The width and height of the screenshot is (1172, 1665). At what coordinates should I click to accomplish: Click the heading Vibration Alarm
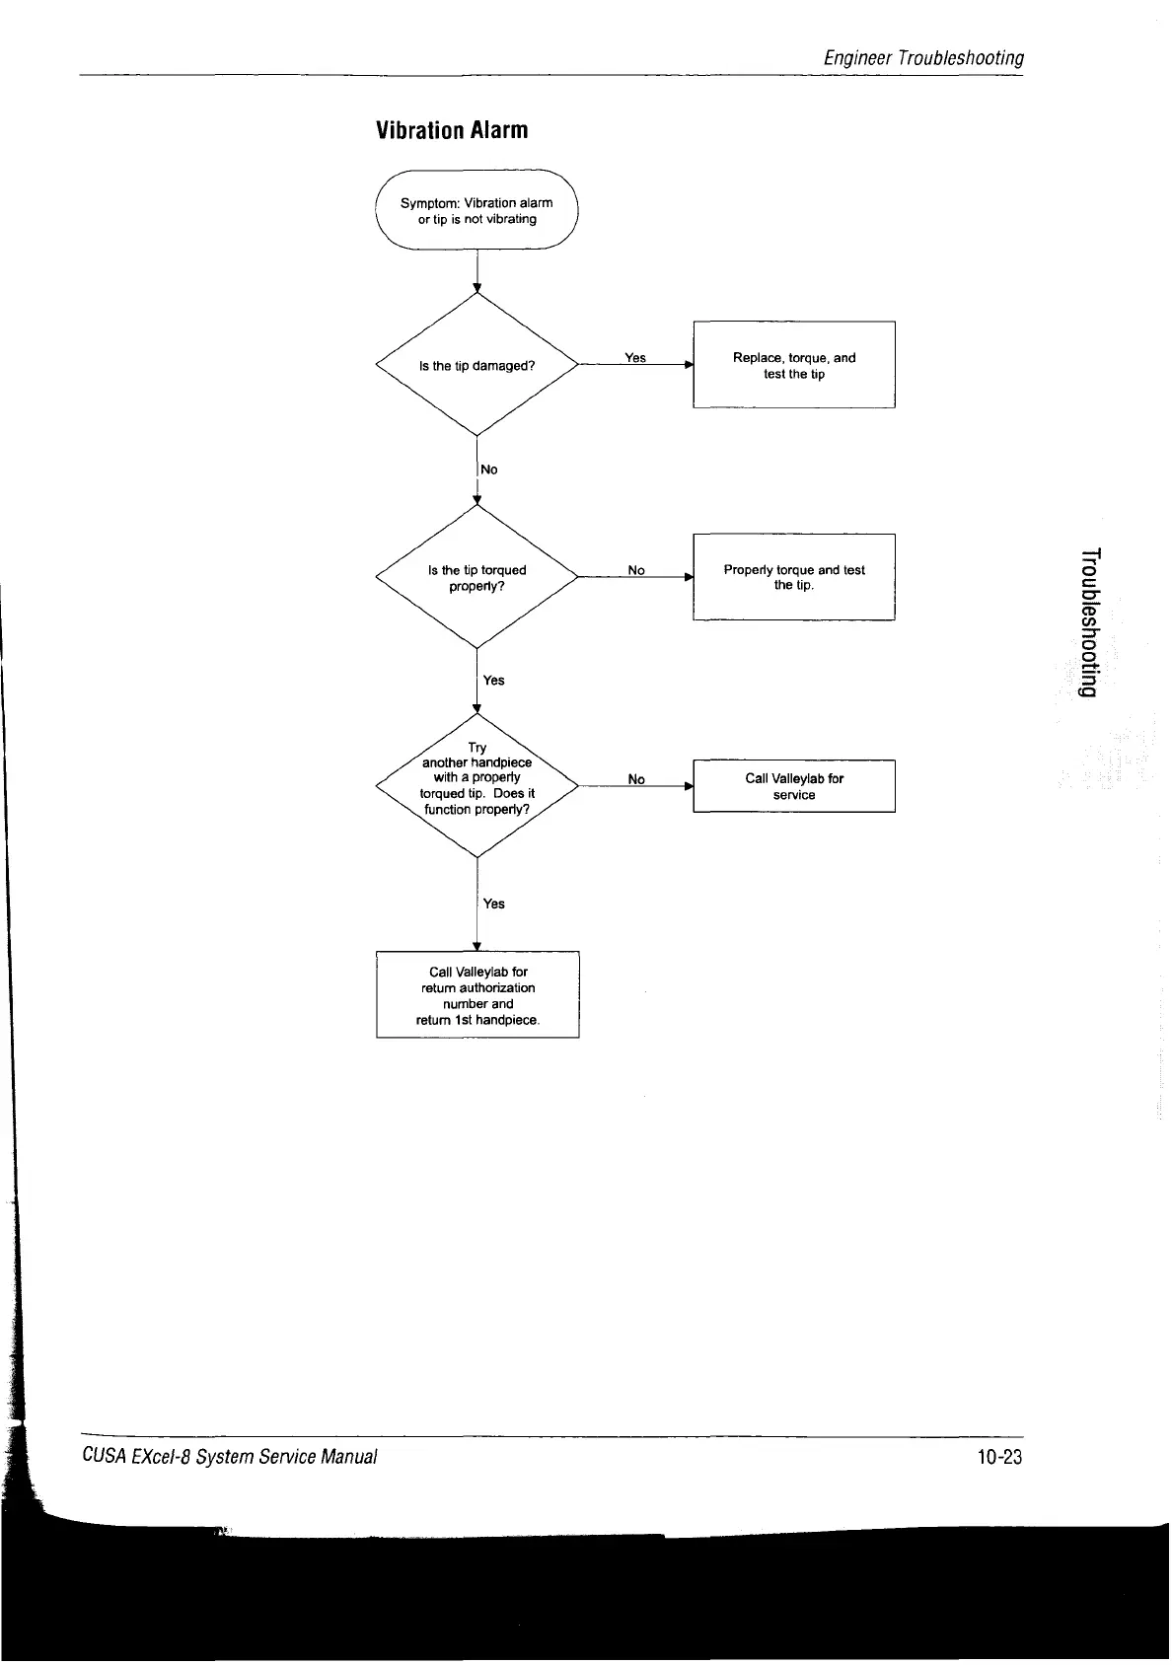coord(453,130)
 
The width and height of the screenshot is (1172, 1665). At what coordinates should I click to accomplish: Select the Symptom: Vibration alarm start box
coord(476,211)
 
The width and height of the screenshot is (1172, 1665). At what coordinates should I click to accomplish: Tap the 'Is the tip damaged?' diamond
coord(476,366)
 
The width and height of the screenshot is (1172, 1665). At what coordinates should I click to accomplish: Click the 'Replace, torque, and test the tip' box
coord(794,365)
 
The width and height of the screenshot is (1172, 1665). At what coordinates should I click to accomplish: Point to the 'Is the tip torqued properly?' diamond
coord(476,578)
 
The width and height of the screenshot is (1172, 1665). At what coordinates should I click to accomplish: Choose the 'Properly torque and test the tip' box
coord(794,577)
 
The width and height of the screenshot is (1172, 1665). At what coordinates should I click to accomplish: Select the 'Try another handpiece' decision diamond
coord(476,785)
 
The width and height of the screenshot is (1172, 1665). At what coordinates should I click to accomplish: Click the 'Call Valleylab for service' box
coord(794,786)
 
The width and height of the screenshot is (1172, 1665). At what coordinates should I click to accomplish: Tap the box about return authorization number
coord(477,995)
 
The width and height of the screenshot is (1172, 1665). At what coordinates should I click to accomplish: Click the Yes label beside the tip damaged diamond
coord(635,358)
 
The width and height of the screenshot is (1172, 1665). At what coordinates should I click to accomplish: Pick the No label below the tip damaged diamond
coord(489,470)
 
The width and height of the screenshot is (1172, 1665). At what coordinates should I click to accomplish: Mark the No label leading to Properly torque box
coord(636,570)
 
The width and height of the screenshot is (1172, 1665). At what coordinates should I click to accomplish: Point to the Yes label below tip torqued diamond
coord(494,681)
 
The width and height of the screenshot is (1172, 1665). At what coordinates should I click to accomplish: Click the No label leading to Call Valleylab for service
coord(636,779)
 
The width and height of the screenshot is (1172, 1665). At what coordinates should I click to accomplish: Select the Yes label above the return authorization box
coord(494,904)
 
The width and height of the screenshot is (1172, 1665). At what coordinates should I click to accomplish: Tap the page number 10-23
coord(1000,1457)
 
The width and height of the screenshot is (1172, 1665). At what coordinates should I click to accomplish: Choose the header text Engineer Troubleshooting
coord(923,58)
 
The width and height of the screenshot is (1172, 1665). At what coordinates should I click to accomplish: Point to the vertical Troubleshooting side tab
coord(1087,620)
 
